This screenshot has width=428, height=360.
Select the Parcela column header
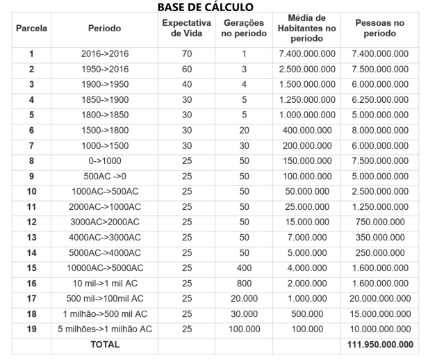pos(31,28)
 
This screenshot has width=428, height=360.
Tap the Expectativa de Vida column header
pos(186,28)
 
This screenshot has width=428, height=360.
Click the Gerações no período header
pos(243,28)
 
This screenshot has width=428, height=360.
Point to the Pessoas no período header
pos(379,28)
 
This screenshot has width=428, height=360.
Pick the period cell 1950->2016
pos(104,69)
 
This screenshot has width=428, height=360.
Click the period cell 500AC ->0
pos(104,176)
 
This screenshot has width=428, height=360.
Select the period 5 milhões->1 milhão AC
pos(104,329)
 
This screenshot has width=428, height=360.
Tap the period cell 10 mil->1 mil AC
pos(104,283)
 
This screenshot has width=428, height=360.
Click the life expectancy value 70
pos(186,54)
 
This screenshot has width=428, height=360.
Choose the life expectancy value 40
pos(186,84)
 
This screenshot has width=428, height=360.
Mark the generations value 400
pos(243,268)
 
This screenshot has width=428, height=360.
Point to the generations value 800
pos(243,283)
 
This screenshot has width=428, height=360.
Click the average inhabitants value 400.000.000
pos(306,130)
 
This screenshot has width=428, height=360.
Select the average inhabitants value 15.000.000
pos(306,222)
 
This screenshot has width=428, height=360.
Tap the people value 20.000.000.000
pos(379,298)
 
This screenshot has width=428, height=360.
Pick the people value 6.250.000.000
pos(379,99)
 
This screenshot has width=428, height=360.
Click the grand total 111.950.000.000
pos(379,344)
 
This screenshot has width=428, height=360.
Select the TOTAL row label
pos(104,344)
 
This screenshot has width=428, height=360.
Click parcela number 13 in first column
pos(31,237)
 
